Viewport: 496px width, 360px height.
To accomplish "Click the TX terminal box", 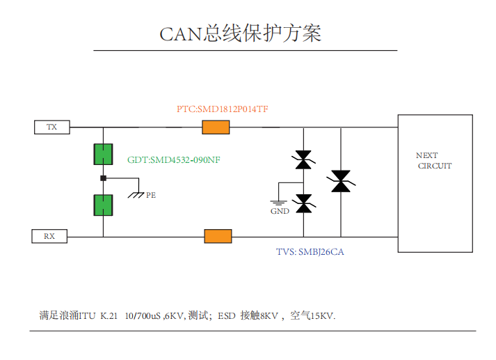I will pyautogui.click(x=52, y=127).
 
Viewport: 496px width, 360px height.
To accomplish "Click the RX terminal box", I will pyautogui.click(x=49, y=236).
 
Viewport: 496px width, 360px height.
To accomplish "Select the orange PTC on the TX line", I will pyautogui.click(x=216, y=127).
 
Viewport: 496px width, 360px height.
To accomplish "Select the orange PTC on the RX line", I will pyautogui.click(x=218, y=236).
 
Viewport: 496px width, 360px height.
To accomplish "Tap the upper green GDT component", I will pyautogui.click(x=104, y=154).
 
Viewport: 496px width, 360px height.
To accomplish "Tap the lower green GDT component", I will pyautogui.click(x=104, y=205).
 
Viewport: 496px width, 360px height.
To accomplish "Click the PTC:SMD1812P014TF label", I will pyautogui.click(x=223, y=109).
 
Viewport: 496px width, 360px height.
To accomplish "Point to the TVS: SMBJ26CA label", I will pyautogui.click(x=310, y=252).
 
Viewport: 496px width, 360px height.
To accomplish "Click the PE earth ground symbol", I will pyautogui.click(x=136, y=193).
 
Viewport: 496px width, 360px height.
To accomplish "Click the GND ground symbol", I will pyautogui.click(x=279, y=203).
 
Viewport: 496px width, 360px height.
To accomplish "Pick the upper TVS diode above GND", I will pyautogui.click(x=303, y=160).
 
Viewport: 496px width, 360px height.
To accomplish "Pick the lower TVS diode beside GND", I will pyautogui.click(x=303, y=203).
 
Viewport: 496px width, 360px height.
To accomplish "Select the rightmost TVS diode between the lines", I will pyautogui.click(x=341, y=182).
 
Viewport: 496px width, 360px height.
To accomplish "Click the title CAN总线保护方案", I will pyautogui.click(x=241, y=33).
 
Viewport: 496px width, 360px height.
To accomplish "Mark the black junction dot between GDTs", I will pyautogui.click(x=104, y=179).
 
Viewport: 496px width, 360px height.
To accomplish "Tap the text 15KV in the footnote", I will pyautogui.click(x=322, y=316).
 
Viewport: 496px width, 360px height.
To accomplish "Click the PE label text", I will pyautogui.click(x=151, y=196).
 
